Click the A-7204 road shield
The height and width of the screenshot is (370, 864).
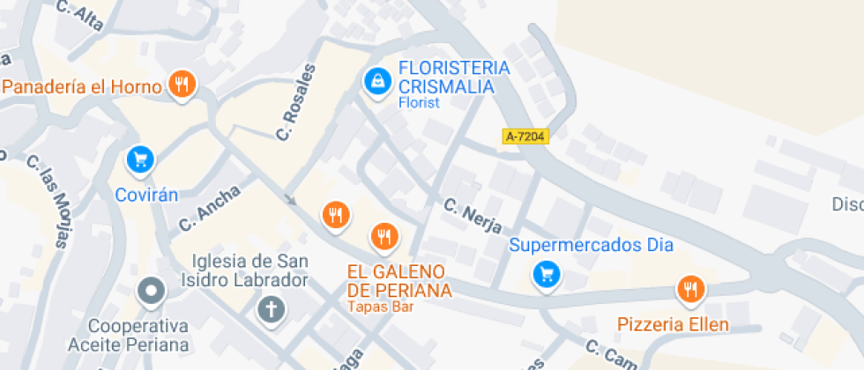pyautogui.click(x=525, y=137)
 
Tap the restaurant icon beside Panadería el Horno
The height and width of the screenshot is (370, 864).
pyautogui.click(x=182, y=85)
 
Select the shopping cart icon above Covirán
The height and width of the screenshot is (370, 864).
pyautogui.click(x=140, y=159)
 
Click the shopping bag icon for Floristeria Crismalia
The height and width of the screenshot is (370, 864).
pyautogui.click(x=377, y=82)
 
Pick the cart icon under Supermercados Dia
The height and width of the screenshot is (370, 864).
pyautogui.click(x=547, y=275)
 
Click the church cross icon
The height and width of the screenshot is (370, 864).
pyautogui.click(x=270, y=309)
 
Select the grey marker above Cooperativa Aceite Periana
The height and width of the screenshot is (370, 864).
pyautogui.click(x=152, y=291)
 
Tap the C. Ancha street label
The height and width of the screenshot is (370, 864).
pyautogui.click(x=209, y=208)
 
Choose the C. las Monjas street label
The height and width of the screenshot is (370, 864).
pyautogui.click(x=48, y=202)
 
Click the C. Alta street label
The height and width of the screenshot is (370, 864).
pyautogui.click(x=79, y=16)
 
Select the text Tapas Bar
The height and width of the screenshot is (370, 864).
pyautogui.click(x=380, y=307)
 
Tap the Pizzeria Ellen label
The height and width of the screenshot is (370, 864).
pyautogui.click(x=673, y=324)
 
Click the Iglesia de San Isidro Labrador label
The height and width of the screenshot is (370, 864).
pyautogui.click(x=250, y=270)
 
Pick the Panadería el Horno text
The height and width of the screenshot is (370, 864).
pyautogui.click(x=83, y=86)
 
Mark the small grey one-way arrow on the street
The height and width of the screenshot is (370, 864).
pyautogui.click(x=289, y=199)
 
